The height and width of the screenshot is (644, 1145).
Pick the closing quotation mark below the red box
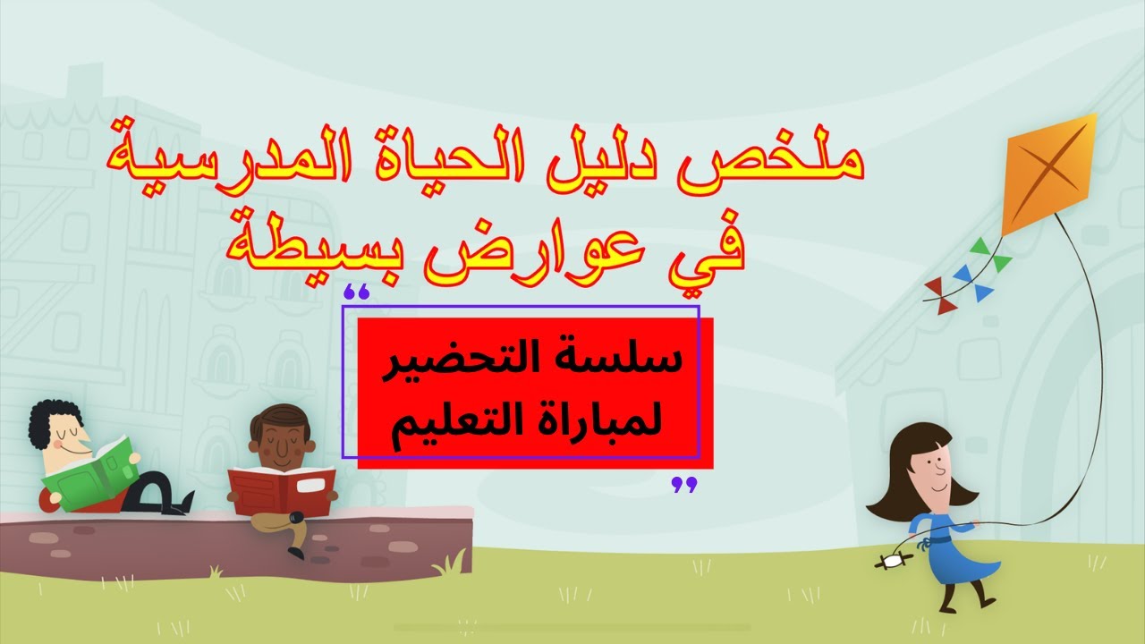[684, 485]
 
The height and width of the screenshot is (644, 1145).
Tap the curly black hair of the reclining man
[49, 420]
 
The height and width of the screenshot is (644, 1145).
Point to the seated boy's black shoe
[294, 547]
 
